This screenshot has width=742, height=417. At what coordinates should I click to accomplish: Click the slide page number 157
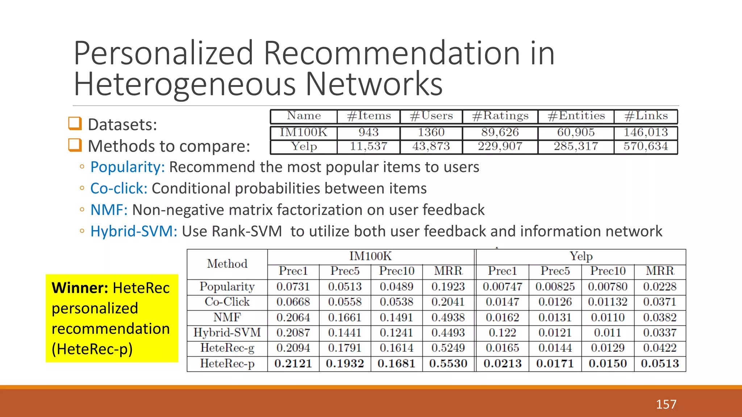coord(666,404)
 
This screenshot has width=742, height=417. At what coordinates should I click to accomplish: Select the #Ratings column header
coord(500,116)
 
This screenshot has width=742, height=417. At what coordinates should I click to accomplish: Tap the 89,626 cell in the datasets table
coord(500,132)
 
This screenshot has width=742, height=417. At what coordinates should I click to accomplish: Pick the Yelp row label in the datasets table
coord(304,147)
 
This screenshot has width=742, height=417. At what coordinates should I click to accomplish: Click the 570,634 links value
coord(646,147)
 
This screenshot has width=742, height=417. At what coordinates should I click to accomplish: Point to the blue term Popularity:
coord(128,167)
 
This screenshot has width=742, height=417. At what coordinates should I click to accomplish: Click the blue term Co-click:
coord(119,189)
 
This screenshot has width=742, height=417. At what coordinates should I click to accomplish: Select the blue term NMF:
coord(109,210)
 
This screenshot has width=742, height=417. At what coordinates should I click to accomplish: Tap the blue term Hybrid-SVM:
coord(134,231)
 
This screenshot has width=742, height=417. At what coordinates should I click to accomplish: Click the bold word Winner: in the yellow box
coord(80,288)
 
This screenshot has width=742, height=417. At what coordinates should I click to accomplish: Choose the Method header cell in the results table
coord(227,264)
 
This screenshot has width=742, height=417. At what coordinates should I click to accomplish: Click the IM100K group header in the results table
coord(370,256)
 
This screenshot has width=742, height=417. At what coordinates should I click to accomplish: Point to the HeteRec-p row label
coord(227,363)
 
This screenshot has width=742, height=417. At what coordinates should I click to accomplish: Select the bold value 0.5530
coord(448,363)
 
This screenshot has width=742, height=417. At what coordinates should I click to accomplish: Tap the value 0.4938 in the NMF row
coord(448,317)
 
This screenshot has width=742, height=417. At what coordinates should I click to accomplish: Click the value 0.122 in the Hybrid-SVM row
coord(502,333)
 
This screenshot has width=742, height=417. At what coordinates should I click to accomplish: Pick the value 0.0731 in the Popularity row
coord(293,287)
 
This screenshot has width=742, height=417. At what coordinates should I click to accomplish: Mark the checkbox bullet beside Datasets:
coord(75,123)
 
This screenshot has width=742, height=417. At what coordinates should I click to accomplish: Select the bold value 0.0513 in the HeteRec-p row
coord(660,363)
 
